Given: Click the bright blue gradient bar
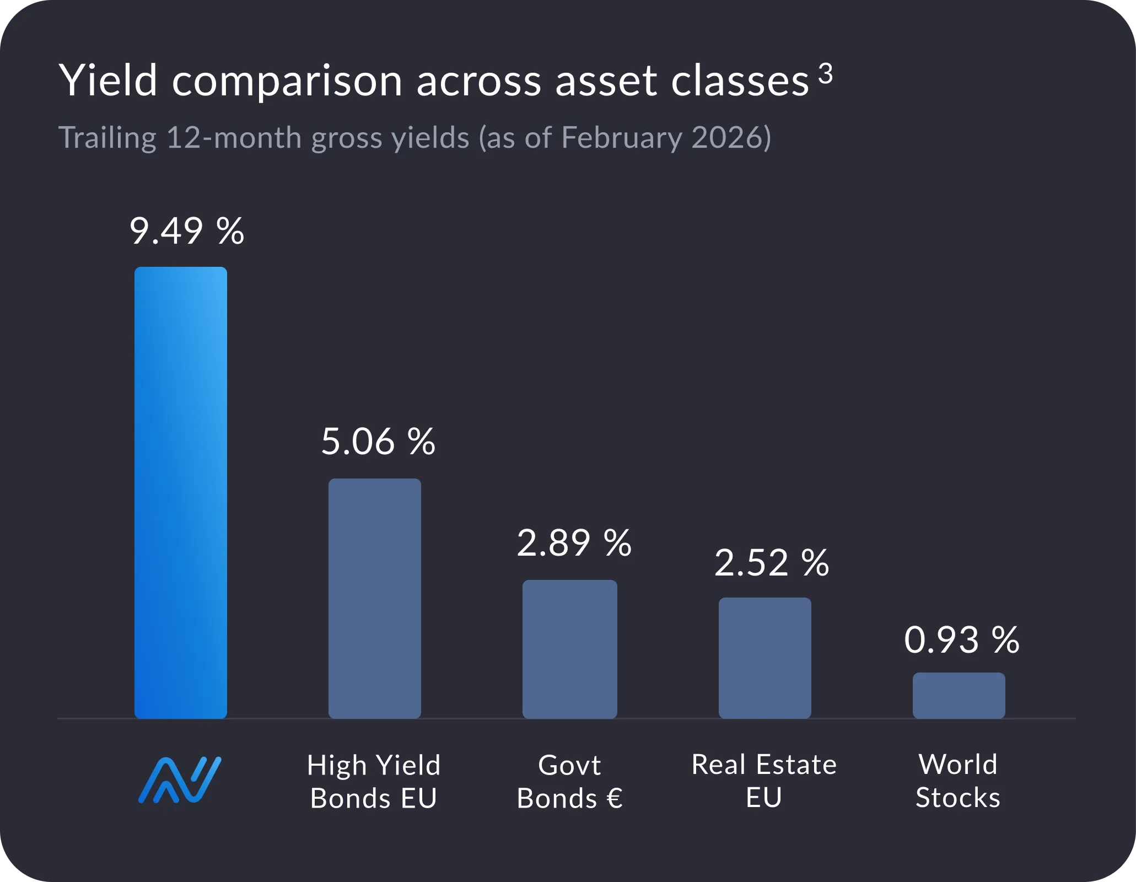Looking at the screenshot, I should (x=181, y=492).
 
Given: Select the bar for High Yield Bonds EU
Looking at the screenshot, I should (x=375, y=598).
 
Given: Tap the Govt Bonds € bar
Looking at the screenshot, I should (x=569, y=649).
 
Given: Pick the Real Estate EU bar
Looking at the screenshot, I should (x=764, y=658).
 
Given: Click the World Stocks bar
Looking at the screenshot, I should (x=959, y=695).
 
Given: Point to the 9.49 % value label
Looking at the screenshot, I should (x=186, y=231).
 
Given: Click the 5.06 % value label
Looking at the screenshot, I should (x=378, y=442).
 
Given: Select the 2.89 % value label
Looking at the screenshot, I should (x=574, y=544).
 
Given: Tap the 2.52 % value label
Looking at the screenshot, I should (x=771, y=563).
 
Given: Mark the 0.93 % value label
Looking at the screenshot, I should (x=961, y=641).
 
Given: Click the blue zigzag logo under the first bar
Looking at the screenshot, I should (x=180, y=780).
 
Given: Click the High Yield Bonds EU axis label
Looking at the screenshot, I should (x=374, y=782).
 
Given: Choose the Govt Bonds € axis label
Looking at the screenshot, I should (x=569, y=782).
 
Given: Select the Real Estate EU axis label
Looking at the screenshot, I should (x=764, y=781).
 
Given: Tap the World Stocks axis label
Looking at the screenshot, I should (x=958, y=781).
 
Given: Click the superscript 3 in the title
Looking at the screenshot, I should (x=825, y=73).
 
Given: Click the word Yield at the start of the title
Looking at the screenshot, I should (x=109, y=80).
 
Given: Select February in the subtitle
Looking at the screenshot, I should (x=622, y=138).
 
